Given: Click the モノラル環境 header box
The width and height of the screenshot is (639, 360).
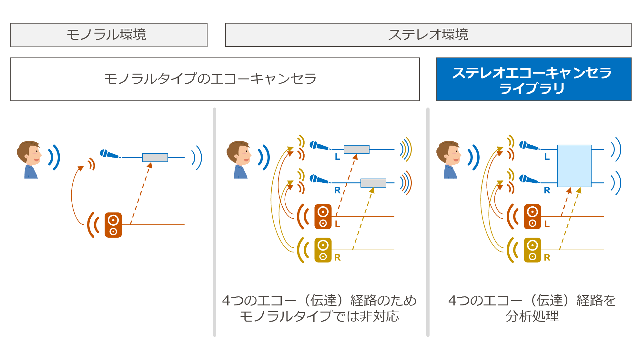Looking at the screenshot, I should coord(108,35).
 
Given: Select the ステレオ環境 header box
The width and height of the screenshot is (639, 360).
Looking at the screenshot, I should coord(428,35).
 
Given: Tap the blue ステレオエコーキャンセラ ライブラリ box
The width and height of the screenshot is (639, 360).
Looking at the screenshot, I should coord(533,79).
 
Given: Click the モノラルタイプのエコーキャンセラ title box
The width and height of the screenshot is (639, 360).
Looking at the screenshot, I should coord(215,79).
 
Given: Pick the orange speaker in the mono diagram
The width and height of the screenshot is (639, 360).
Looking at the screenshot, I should coord(113,225).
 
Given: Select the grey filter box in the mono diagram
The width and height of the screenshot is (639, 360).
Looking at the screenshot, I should coord(155,158).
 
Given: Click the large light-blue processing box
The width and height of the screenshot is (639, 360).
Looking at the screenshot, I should coord(574,166).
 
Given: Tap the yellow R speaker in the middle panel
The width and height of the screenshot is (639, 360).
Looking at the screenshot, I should coord(323,250).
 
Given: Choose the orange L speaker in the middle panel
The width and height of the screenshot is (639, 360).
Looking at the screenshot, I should coord(323,217).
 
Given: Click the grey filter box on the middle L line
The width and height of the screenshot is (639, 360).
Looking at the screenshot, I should coord(356,149).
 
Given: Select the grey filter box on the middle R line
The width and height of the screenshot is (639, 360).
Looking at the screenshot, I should coord(373,183).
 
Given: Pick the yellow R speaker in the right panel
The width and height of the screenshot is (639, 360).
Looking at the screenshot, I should coord(532,250).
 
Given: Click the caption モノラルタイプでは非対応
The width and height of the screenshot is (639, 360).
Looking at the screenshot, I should coord(319,316).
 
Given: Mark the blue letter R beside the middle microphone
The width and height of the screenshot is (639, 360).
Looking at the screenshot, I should coord(337,190).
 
